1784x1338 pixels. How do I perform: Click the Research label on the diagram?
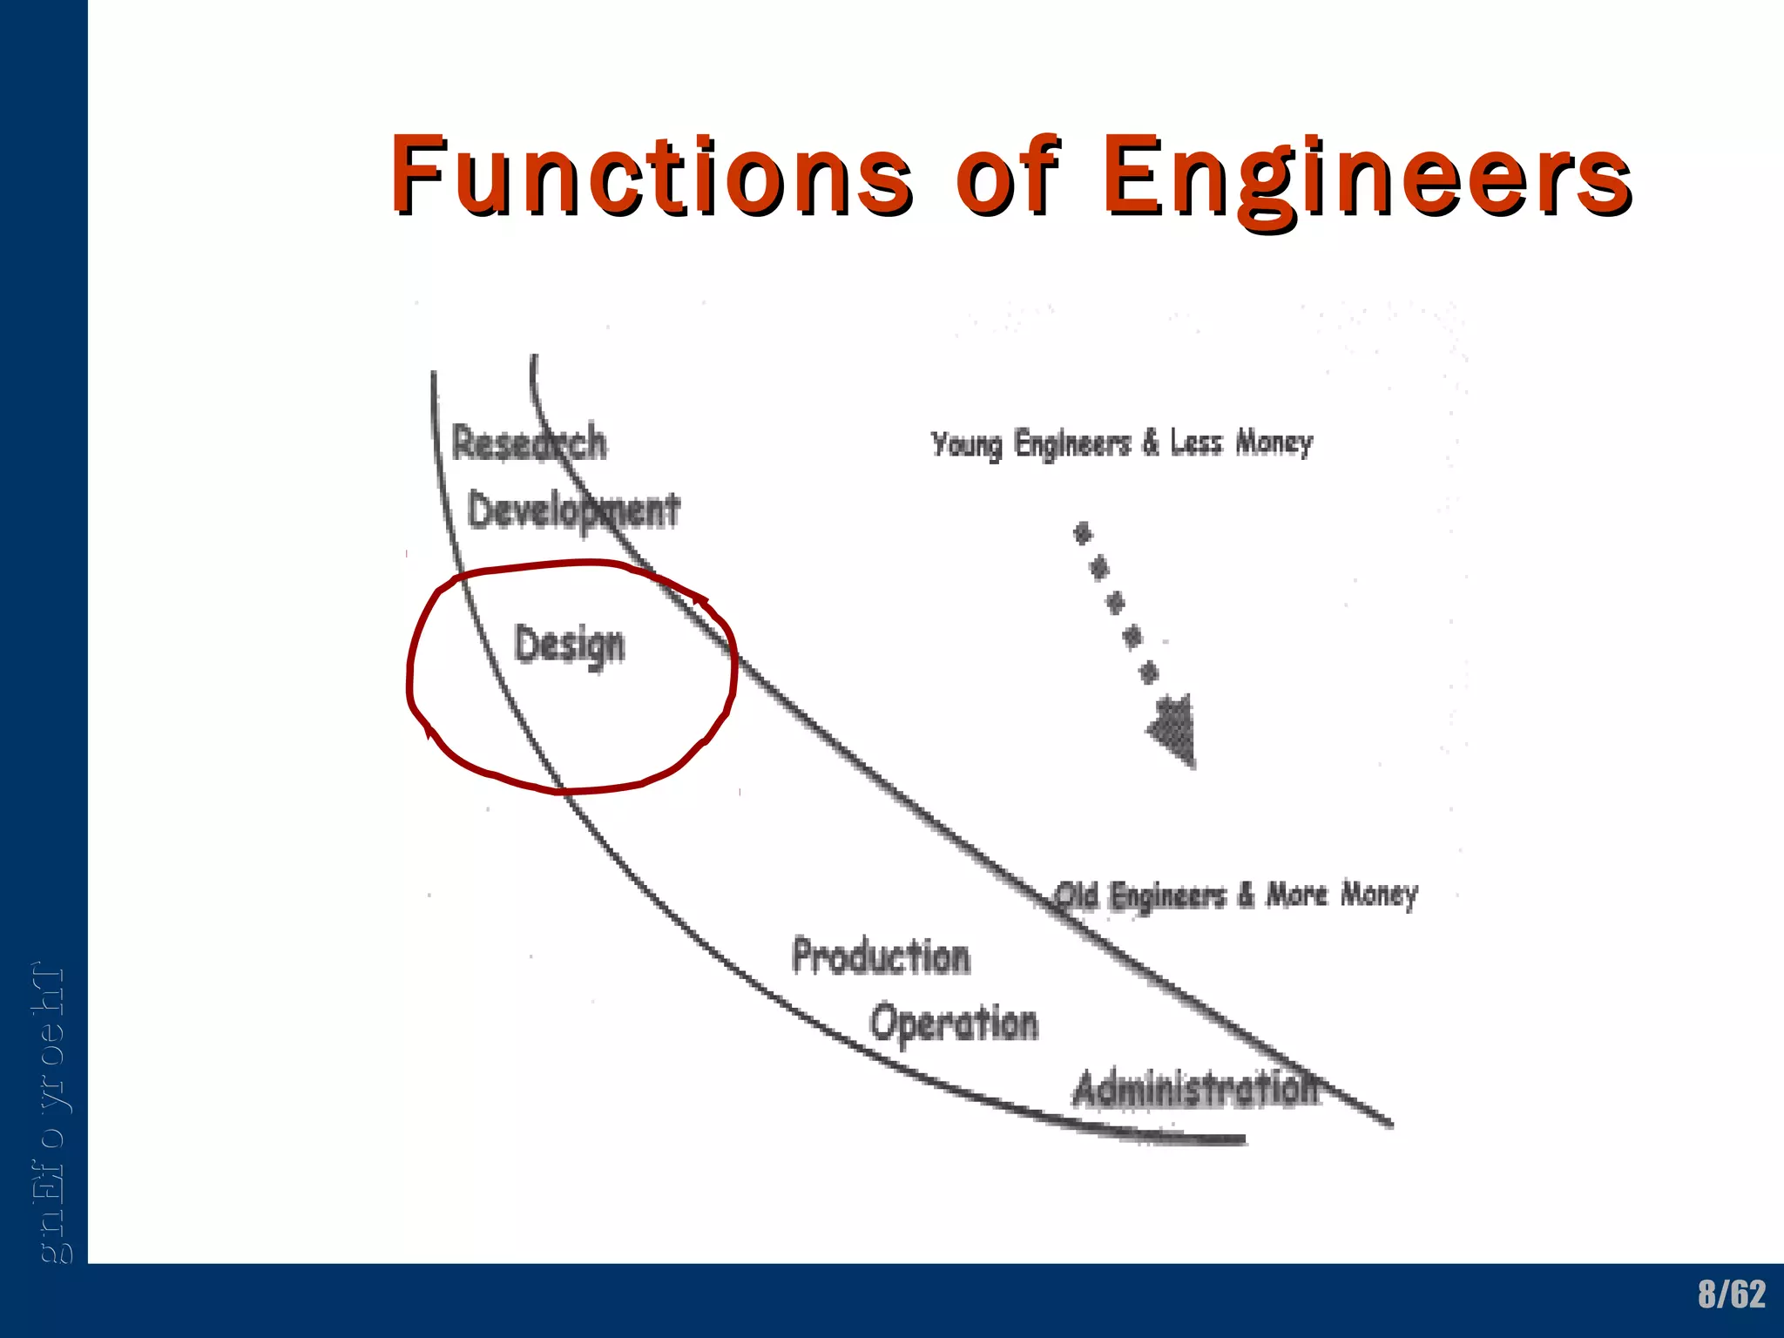coord(529,443)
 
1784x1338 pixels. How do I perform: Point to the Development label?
coord(573,510)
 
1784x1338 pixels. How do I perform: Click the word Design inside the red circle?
coord(570,645)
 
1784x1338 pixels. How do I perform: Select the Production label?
coord(881,956)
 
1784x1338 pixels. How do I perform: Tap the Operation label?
coord(954,1023)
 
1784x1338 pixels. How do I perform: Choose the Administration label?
coord(1196,1090)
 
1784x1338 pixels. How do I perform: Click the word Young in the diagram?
coord(966,445)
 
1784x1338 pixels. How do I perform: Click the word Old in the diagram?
coord(1077,895)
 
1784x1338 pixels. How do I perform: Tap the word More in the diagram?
coord(1297,894)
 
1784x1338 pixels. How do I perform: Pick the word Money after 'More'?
coord(1380,895)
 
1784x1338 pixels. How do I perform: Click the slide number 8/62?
coord(1732,1294)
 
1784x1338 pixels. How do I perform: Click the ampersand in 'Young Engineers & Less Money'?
coord(1151,443)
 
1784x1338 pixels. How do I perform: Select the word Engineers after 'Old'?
coord(1168,896)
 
